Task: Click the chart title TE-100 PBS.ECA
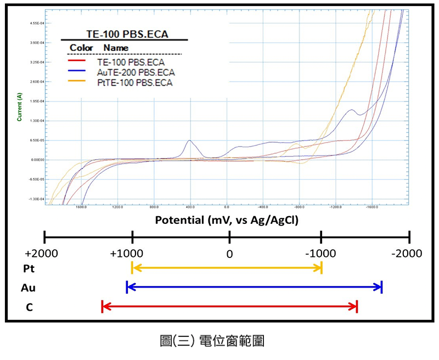[127, 34]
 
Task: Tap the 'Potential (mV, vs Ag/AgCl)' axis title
[229, 221]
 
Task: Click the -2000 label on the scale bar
[407, 254]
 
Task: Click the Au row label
[30, 288]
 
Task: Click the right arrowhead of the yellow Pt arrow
[319, 268]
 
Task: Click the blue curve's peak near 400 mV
[190, 140]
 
